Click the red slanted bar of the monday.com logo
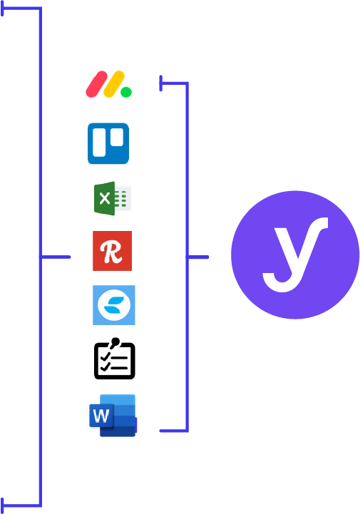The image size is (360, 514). coord(96,84)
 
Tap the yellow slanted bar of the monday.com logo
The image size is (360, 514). coord(114,84)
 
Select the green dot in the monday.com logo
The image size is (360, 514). coord(126,92)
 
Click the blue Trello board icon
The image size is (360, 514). coord(108,143)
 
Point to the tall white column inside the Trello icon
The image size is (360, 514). coord(99,143)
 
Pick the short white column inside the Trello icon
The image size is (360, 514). coord(117,137)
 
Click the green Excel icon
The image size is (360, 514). coord(113,198)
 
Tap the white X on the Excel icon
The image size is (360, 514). coord(105,198)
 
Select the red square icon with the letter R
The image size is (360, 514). coord(112,251)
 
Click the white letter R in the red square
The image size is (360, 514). coord(111,252)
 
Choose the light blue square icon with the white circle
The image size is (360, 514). coord(114,305)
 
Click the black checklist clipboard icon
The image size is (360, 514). coord(115,359)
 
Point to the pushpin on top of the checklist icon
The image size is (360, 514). coord(115,343)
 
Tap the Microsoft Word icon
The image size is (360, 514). coord(113,416)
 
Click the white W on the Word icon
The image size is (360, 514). coord(101,416)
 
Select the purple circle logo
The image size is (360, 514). coord(295,255)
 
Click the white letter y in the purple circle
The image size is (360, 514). coord(295,255)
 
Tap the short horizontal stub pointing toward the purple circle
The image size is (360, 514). coord(197,257)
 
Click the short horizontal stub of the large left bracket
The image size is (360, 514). coord(55,257)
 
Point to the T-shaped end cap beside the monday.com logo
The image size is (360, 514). coord(160,83)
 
